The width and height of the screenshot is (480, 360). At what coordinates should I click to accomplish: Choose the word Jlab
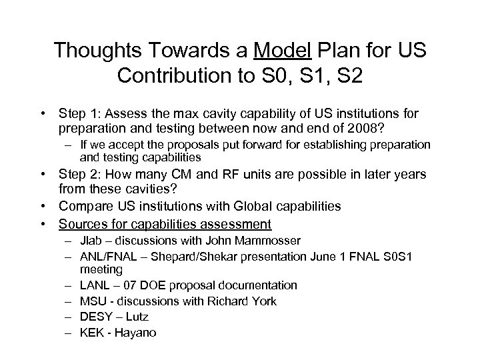coord(90,240)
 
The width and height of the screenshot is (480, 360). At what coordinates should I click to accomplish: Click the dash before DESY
coord(70,316)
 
